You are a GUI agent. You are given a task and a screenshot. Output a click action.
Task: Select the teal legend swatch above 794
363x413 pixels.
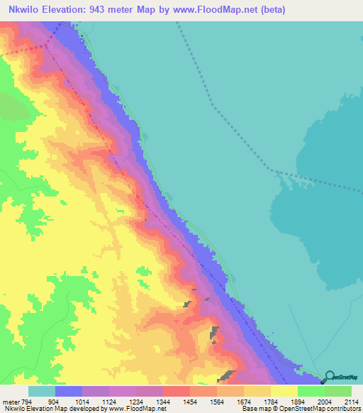pyautogui.click(x=42, y=391)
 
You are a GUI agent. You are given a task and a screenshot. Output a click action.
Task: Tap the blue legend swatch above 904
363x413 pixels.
pyautogui.click(x=69, y=391)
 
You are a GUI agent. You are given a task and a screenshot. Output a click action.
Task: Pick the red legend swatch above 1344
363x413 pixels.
pyautogui.click(x=177, y=391)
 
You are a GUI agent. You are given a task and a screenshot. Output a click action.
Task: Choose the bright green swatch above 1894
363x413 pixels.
pyautogui.click(x=311, y=391)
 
